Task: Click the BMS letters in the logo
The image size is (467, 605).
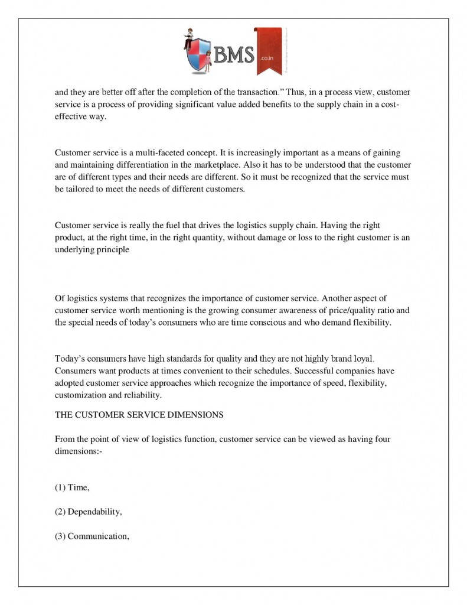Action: coord(234,56)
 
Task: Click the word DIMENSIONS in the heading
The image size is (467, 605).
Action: coord(195,415)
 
